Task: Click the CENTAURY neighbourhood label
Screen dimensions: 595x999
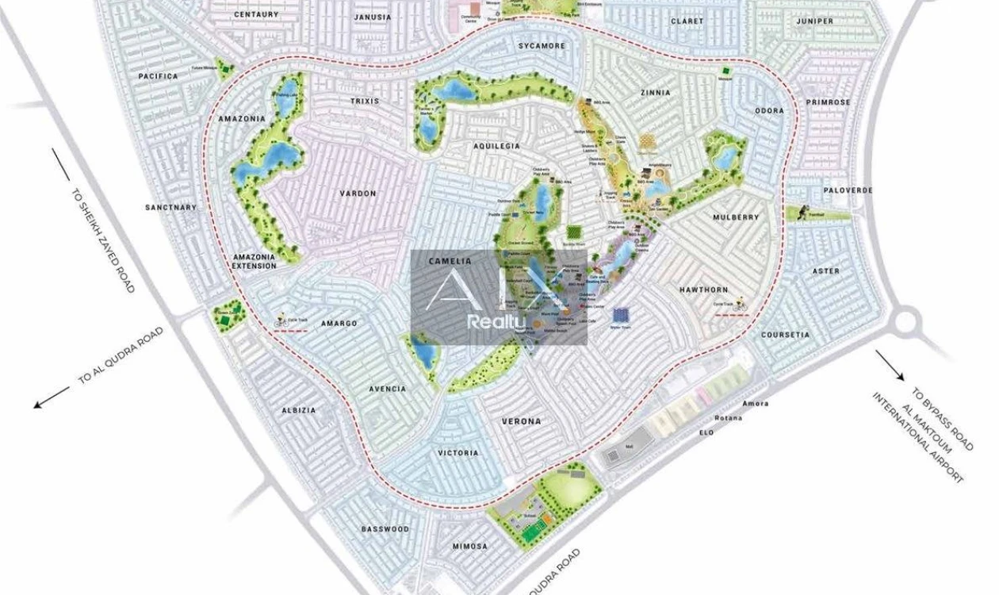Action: click(x=256, y=14)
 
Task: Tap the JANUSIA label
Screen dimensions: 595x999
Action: click(x=373, y=17)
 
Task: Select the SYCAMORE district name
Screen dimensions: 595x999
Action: click(x=542, y=46)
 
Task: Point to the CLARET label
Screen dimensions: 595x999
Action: click(x=687, y=21)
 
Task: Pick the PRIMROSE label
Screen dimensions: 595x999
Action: click(x=828, y=102)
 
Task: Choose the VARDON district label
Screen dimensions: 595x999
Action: click(x=358, y=194)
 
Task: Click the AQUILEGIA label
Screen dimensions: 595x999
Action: click(x=496, y=147)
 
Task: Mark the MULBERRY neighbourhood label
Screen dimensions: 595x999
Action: click(x=735, y=217)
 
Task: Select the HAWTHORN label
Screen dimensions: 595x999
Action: click(x=703, y=290)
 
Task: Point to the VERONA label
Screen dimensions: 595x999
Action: click(x=521, y=421)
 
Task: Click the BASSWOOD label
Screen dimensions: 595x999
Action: click(x=385, y=529)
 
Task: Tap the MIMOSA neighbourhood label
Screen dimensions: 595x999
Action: click(x=469, y=547)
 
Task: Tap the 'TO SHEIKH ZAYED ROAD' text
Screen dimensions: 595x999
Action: click(x=103, y=240)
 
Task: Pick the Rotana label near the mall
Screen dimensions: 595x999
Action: click(x=728, y=418)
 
